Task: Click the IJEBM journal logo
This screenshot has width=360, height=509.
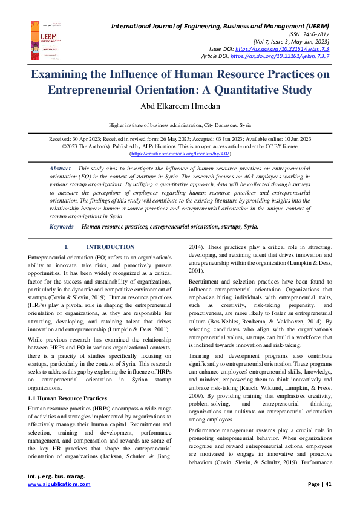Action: [x=41, y=39]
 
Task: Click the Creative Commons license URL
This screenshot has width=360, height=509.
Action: [x=180, y=154]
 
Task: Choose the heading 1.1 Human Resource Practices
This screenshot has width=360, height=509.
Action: [x=68, y=381]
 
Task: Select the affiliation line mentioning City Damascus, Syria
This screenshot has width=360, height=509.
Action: [x=180, y=125]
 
